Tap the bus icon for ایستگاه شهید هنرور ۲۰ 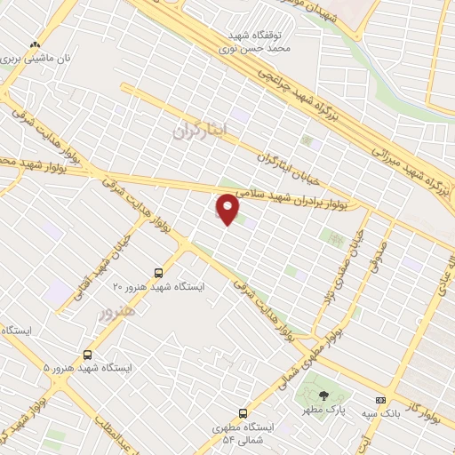coord(158,273)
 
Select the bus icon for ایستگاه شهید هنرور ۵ coord(87,353)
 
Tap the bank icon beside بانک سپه coord(381,400)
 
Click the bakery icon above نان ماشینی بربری coord(35,44)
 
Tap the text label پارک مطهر coord(327,410)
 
